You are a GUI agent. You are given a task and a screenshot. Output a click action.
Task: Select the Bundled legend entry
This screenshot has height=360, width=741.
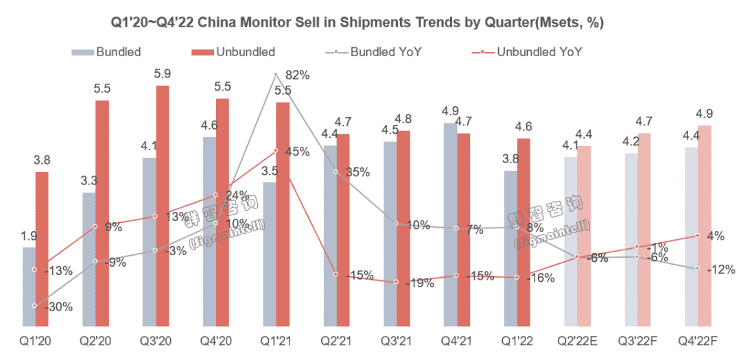click(118, 51)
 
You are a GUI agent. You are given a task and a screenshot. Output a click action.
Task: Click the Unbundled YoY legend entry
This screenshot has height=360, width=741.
click(539, 51)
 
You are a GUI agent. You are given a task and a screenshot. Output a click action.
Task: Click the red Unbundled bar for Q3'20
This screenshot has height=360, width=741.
click(163, 206)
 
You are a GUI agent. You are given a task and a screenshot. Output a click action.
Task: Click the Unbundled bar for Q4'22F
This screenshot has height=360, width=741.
click(704, 226)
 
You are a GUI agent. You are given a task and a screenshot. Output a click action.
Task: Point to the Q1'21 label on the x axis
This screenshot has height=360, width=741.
click(275, 340)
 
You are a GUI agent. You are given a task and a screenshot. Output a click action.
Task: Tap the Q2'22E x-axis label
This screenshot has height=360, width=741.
click(576, 340)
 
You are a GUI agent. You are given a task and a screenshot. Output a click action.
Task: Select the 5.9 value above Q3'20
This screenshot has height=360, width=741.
click(163, 73)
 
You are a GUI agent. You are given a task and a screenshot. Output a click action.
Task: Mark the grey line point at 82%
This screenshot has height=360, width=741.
click(275, 74)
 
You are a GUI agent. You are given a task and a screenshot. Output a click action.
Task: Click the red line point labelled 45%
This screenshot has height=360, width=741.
click(275, 150)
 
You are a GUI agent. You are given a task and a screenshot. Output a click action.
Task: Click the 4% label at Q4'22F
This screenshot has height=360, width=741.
click(715, 236)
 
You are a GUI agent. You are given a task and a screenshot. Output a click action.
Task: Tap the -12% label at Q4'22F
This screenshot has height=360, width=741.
click(720, 269)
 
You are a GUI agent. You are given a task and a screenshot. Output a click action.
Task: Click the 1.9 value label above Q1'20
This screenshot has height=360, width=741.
click(28, 237)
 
